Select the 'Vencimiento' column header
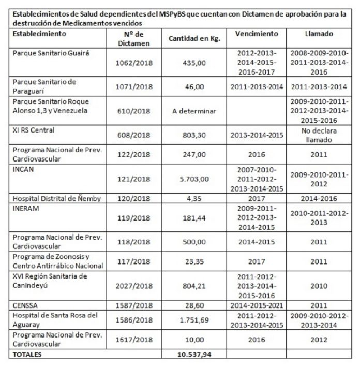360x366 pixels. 257,34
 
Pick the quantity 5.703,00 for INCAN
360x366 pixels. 194,194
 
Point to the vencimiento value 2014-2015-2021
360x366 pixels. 257,306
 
